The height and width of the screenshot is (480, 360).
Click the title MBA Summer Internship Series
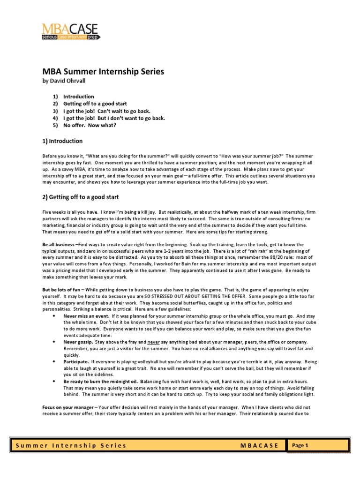tap(104, 71)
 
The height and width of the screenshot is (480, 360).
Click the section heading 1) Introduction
tap(63, 141)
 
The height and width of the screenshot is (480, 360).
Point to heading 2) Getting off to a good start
tap(81, 197)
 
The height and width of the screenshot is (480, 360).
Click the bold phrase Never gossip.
tap(77, 342)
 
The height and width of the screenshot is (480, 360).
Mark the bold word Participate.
tap(76, 362)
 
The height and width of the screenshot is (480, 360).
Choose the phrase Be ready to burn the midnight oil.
tap(101, 382)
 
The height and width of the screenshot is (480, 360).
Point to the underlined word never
tap(153, 342)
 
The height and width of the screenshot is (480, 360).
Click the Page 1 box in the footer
tap(300, 445)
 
